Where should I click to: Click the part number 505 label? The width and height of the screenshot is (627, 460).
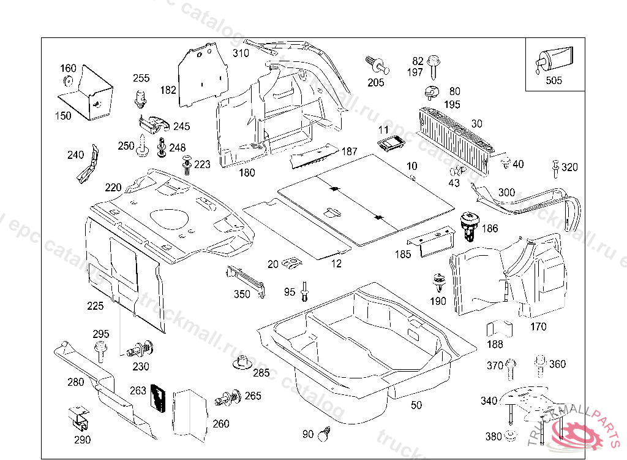554,80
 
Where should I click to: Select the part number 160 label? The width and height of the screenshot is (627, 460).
68,68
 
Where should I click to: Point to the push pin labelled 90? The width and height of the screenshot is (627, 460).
323,434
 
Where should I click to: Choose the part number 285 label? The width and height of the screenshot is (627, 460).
261,372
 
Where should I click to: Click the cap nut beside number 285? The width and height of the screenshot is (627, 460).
243,363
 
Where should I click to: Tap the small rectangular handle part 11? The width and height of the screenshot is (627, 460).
390,145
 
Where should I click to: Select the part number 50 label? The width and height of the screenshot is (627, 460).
416,405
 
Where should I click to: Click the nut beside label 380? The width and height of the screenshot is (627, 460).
509,437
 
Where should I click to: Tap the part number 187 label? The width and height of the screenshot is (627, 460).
350,151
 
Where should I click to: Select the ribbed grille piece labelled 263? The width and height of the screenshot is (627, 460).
158,399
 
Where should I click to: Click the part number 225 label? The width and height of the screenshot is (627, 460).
96,305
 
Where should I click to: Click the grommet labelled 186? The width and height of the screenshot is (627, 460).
469,225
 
